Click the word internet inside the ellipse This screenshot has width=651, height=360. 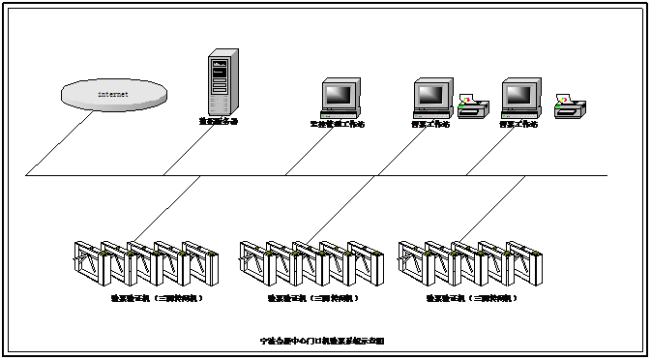(113, 94)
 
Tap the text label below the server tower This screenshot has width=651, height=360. (219, 122)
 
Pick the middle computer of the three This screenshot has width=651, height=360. (432, 98)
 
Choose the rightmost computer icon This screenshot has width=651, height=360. (519, 98)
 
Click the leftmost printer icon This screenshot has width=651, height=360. (473, 106)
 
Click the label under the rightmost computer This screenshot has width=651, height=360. (519, 124)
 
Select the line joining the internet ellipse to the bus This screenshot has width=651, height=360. (63, 142)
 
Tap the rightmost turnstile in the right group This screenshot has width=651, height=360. (521, 263)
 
